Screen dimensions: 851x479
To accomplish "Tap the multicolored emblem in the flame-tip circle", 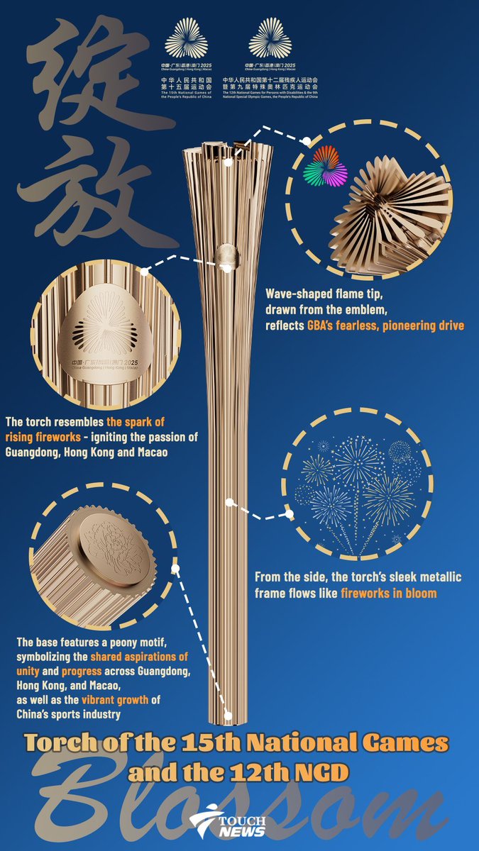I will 324,166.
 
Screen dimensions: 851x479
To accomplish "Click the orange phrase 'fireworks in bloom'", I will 389,592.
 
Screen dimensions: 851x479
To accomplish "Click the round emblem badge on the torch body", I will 226,256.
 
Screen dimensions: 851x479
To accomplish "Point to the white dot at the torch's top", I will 229,162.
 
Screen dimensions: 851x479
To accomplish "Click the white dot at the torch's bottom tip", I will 229,716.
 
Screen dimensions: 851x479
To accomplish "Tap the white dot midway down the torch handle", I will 229,502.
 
